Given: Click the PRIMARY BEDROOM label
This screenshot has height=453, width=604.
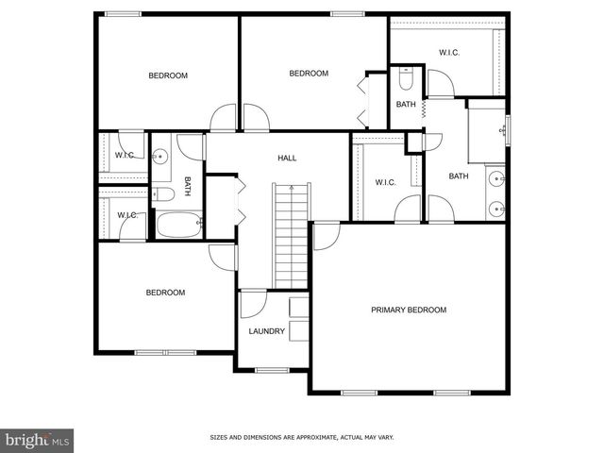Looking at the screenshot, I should tap(408, 310).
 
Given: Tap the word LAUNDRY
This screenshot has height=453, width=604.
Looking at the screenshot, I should tap(266, 331).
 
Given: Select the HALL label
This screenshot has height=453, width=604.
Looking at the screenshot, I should tap(287, 159).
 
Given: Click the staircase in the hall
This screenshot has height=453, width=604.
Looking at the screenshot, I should tap(292, 236).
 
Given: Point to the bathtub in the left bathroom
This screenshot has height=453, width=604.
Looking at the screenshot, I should tap(177, 226).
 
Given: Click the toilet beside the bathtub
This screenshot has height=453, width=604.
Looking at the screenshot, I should tap(163, 195).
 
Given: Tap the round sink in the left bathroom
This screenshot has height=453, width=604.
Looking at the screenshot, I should tap(160, 157).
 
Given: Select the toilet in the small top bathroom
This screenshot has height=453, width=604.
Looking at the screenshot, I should tap(406, 78).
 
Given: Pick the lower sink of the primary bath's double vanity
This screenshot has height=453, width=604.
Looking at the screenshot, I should tap(496, 209).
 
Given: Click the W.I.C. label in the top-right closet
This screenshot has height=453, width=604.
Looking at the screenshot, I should tap(449, 52).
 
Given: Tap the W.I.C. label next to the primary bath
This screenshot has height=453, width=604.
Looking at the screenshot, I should tap(385, 182).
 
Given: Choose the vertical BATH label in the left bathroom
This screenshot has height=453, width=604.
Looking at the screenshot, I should tap(187, 186).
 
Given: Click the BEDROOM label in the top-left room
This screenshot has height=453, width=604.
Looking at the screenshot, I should tap(168, 75).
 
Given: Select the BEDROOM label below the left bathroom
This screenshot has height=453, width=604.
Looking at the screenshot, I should tap(165, 293).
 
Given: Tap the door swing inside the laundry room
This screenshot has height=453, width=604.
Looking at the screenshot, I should tap(251, 304).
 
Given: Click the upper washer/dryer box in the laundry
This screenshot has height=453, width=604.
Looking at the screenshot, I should tap(298, 307).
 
